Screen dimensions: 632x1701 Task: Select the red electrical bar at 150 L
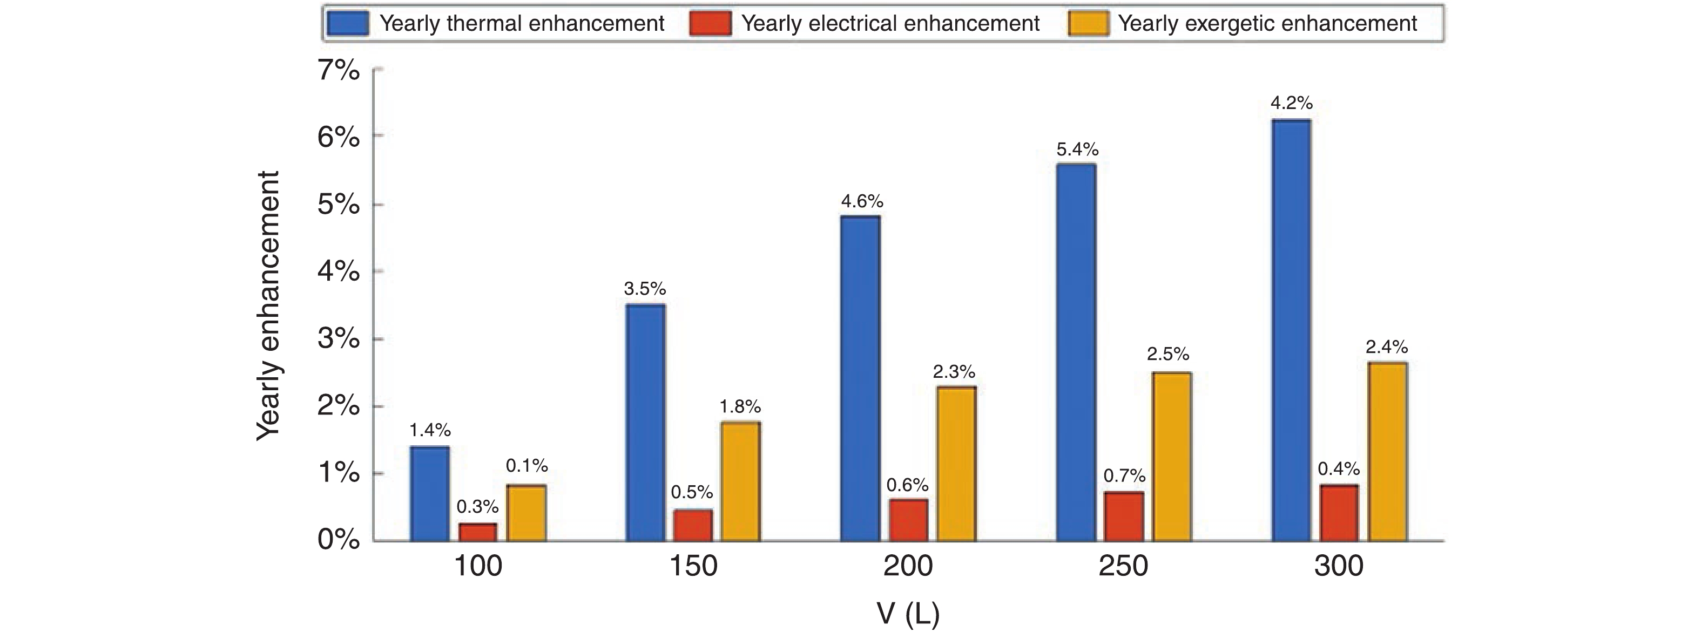pos(693,525)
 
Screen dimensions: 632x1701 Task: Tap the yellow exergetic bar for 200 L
pos(957,464)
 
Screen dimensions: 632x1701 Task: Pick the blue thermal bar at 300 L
pos(1291,330)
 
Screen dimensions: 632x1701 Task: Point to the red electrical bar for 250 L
pos(1123,517)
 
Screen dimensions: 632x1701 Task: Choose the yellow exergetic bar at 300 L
pos(1387,452)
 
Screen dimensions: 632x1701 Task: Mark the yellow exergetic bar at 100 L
pos(526,513)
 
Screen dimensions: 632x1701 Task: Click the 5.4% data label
pos(1077,149)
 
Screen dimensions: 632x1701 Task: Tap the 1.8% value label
pos(740,406)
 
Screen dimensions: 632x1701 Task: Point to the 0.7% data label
pos(1124,475)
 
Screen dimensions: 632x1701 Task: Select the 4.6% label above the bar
pos(862,201)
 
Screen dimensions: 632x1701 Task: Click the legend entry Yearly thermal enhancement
pos(521,24)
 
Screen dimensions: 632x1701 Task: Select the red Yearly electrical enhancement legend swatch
pos(710,24)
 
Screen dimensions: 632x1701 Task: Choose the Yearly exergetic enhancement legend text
pos(1267,24)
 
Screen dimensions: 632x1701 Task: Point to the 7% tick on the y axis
pos(339,70)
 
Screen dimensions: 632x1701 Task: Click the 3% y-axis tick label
pos(339,339)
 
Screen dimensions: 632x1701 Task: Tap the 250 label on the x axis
pos(1123,566)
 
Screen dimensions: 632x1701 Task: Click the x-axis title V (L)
pos(907,614)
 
